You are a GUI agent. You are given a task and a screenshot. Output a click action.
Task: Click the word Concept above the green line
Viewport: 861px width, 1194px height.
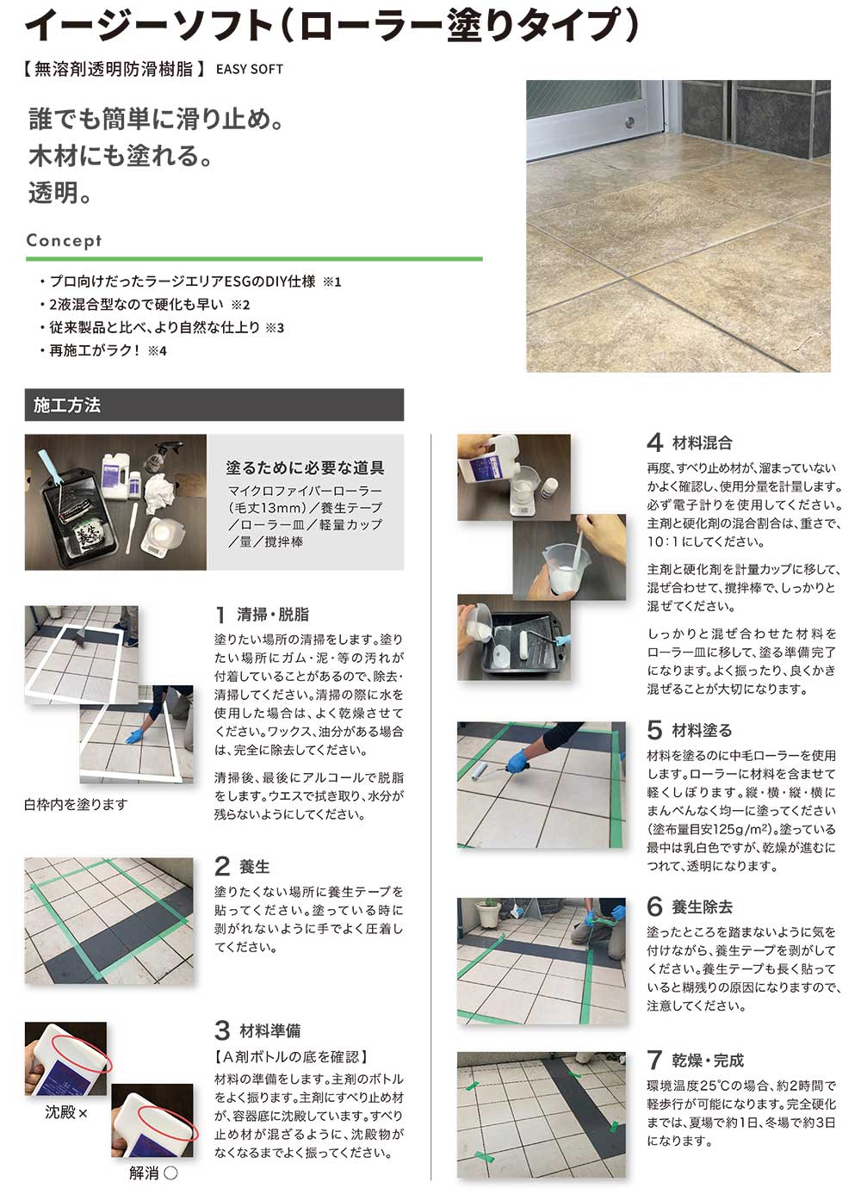(x=64, y=241)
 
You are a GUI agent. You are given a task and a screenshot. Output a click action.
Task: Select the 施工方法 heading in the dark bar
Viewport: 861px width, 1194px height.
(x=67, y=405)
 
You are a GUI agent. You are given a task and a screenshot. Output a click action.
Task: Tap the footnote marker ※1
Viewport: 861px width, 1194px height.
(x=331, y=282)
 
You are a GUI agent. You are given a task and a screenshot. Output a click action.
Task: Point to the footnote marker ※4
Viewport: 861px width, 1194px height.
(x=157, y=351)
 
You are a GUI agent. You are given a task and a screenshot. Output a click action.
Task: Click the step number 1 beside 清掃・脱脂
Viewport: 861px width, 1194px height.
(x=221, y=615)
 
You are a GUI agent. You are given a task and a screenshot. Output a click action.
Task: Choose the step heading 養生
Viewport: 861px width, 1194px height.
(x=255, y=867)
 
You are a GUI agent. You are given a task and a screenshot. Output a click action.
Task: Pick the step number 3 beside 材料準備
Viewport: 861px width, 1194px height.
(x=222, y=1030)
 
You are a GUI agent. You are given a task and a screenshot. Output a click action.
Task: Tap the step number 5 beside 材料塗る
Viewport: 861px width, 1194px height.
(x=654, y=731)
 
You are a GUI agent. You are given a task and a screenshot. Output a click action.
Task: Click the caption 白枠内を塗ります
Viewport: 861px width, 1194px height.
(x=76, y=805)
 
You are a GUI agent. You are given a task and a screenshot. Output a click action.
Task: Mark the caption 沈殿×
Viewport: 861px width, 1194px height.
(x=66, y=1113)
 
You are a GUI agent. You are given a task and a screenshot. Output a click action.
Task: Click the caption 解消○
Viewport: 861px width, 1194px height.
(x=153, y=1173)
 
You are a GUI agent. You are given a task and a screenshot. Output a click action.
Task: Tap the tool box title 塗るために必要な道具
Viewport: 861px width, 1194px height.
(x=305, y=468)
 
